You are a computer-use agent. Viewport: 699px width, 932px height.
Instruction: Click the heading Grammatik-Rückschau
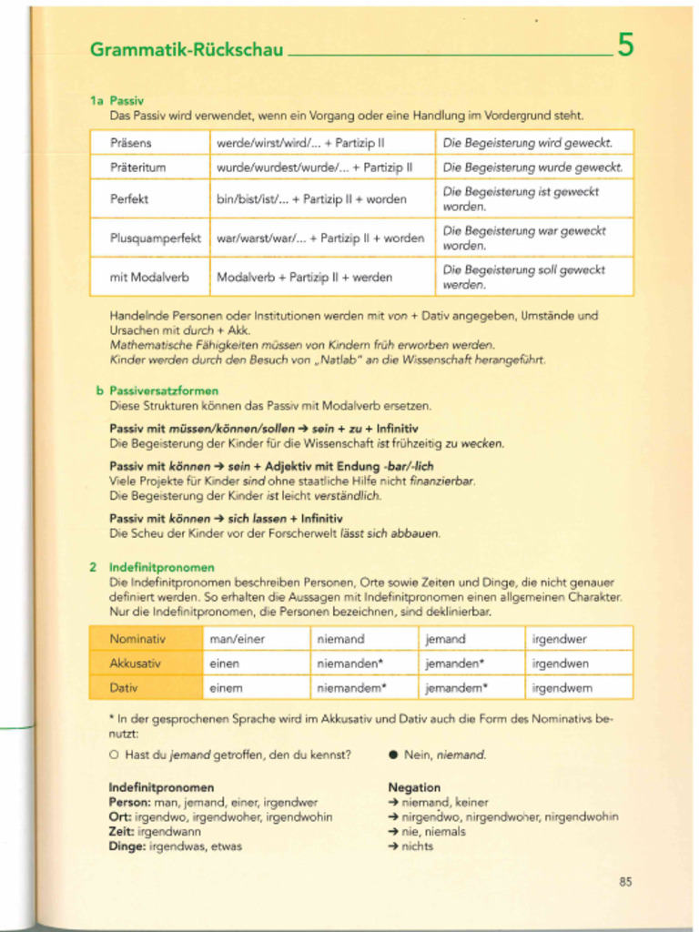click(187, 49)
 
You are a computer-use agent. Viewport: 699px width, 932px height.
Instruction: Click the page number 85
click(625, 881)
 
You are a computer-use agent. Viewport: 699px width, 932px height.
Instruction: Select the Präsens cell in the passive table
click(131, 143)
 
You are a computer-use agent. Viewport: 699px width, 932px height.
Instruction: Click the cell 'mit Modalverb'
click(149, 277)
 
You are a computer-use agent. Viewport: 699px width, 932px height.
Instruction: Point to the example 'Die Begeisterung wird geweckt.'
click(527, 143)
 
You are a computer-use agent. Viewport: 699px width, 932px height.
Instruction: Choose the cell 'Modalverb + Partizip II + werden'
click(304, 277)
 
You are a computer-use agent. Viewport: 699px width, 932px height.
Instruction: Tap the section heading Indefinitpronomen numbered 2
click(162, 566)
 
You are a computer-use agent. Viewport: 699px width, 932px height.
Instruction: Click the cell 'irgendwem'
click(561, 688)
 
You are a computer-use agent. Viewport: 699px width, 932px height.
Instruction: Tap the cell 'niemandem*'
click(351, 688)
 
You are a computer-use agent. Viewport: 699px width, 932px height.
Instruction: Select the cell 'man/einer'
click(237, 639)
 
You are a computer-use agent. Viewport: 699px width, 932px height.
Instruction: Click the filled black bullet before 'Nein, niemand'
click(393, 755)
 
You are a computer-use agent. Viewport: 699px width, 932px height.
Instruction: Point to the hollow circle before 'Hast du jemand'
click(115, 755)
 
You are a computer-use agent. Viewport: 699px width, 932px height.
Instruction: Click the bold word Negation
click(414, 787)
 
